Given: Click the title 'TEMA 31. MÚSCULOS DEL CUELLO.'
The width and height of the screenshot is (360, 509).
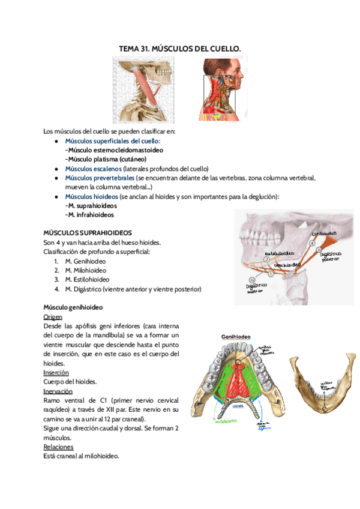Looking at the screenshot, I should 181,47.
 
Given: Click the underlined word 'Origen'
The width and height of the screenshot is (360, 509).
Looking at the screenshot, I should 53,316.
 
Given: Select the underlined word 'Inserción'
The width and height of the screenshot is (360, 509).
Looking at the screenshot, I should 56,372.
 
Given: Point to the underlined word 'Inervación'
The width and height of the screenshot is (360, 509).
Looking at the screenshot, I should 58,391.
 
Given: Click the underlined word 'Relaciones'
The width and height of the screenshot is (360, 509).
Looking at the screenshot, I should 58,447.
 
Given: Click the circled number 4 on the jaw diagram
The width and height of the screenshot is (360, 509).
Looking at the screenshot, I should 311,244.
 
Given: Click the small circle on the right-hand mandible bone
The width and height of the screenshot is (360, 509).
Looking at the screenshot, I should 325,409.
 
